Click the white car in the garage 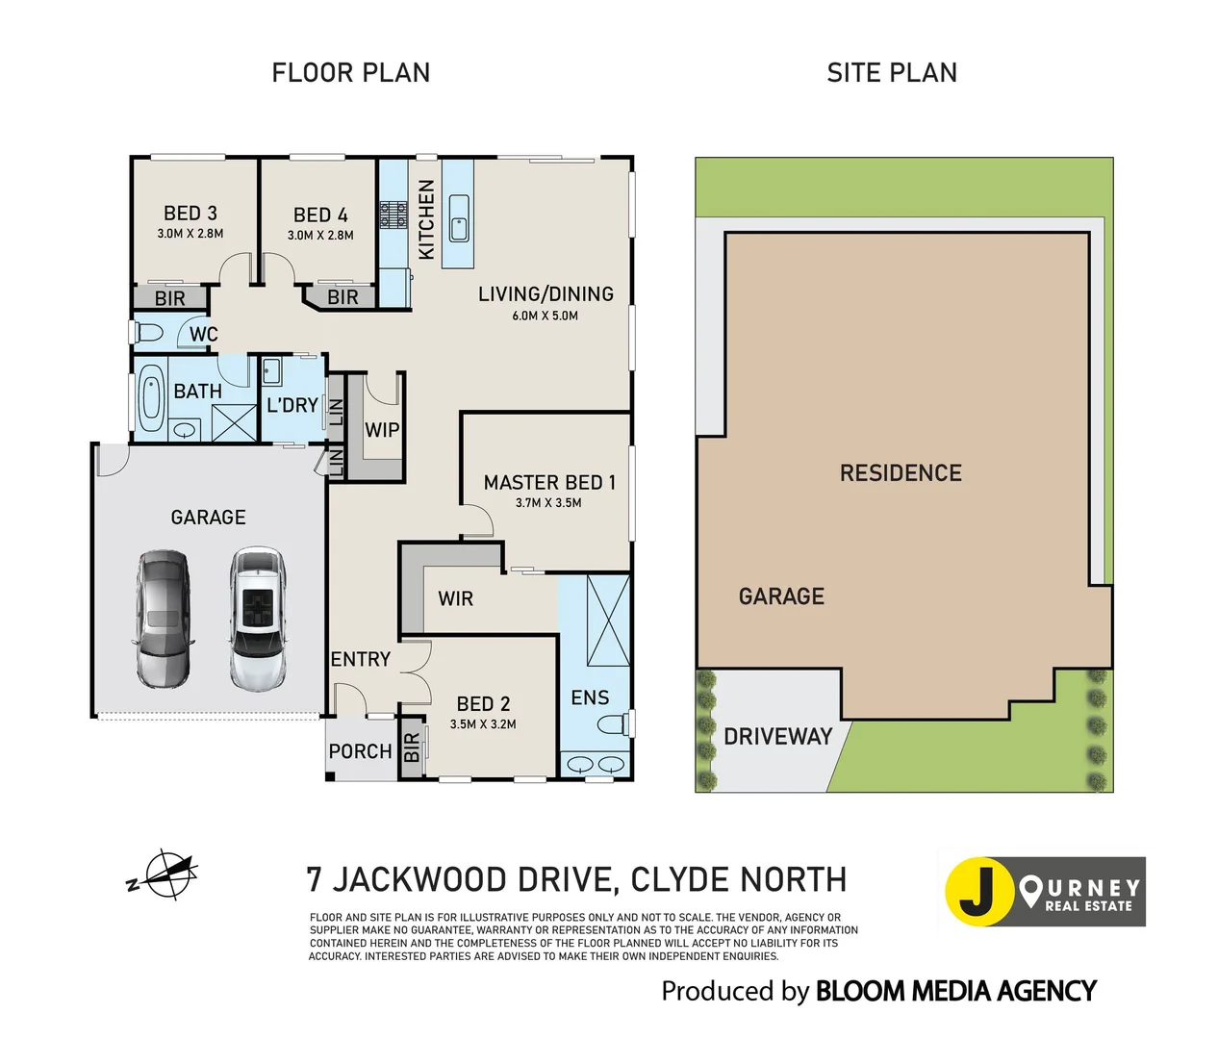[258, 618]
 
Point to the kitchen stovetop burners [393, 215]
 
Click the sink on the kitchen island [459, 218]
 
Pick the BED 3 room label [190, 213]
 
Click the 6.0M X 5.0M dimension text [546, 316]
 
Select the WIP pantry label [382, 430]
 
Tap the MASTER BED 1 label [549, 483]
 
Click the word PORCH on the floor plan [360, 751]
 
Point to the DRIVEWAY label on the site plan [777, 736]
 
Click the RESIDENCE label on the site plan [901, 472]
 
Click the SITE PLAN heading [892, 73]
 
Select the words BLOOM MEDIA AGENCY [955, 991]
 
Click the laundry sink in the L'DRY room [271, 372]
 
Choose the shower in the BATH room [234, 422]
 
